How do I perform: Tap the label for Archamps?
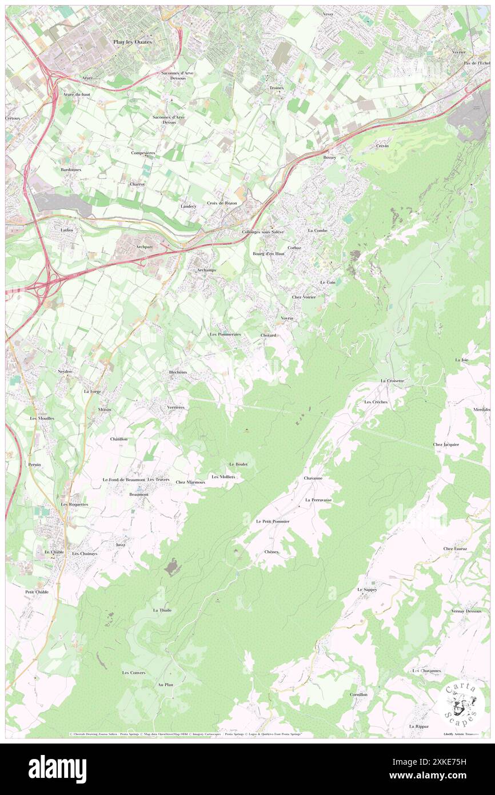click(206, 269)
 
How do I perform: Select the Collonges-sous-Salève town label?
click(263, 232)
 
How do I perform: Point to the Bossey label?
click(330, 157)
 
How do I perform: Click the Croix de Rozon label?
click(222, 203)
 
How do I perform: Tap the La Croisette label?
click(393, 380)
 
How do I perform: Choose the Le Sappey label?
click(368, 589)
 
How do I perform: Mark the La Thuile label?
click(162, 610)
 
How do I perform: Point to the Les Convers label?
click(134, 673)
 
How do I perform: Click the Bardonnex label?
click(71, 170)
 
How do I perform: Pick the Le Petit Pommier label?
click(273, 522)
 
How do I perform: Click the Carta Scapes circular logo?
click(461, 703)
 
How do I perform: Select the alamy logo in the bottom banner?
click(57, 769)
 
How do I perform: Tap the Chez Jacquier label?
click(446, 444)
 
